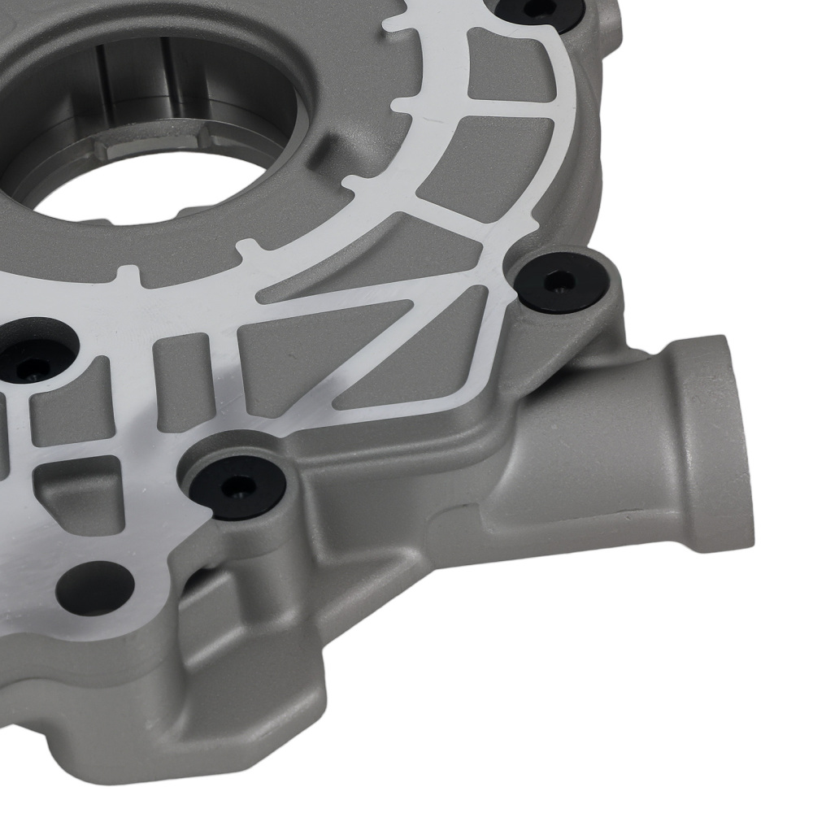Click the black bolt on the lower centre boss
tap(237, 486)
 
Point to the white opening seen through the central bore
tap(146, 195)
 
